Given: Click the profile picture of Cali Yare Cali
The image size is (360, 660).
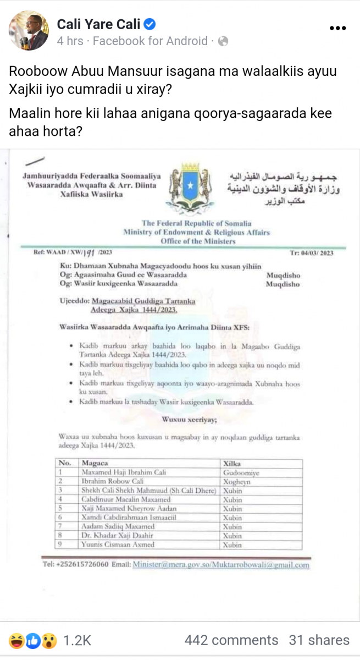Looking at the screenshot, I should [x=29, y=31].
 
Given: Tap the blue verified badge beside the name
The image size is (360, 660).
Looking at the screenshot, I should [x=149, y=24].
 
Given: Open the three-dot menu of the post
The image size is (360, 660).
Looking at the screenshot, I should [x=337, y=28].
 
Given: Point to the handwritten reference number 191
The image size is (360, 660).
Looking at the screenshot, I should [x=88, y=253].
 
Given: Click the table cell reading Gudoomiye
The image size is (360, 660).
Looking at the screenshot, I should [x=240, y=472].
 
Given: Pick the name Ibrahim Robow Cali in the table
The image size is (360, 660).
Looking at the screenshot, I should [x=113, y=481].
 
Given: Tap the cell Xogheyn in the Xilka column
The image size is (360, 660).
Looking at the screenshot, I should [x=237, y=481].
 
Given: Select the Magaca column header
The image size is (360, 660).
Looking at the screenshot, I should [x=95, y=463].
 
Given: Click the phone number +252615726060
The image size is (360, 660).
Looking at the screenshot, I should [x=86, y=564].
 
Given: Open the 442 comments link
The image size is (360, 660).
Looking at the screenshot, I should [x=231, y=640].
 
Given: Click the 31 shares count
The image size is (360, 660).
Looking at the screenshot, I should [x=319, y=640].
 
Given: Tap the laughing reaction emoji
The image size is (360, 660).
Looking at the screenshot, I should [x=15, y=640].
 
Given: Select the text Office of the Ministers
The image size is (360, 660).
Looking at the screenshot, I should [x=198, y=241].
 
